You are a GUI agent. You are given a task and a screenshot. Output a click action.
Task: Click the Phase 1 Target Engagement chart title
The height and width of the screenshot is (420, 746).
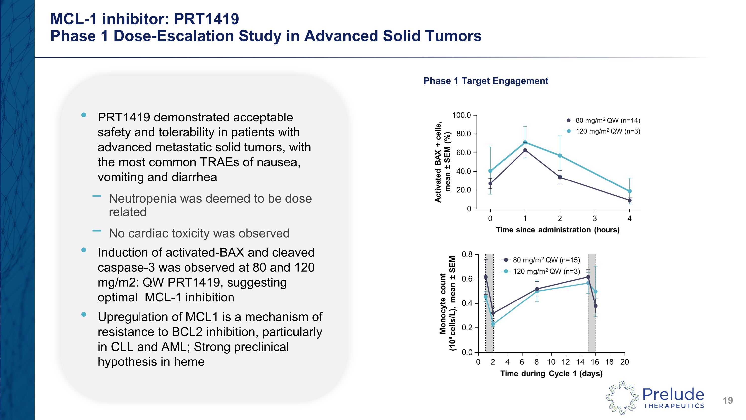point(486,81)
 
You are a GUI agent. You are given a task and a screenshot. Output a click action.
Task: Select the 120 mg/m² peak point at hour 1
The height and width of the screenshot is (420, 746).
point(525,142)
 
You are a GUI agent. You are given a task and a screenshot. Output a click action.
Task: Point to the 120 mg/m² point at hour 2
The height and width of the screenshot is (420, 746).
point(560,156)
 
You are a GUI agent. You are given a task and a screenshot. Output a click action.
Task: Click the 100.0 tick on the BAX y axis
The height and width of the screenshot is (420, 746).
point(462,115)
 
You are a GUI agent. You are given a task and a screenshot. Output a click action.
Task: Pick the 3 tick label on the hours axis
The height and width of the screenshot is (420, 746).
point(595,219)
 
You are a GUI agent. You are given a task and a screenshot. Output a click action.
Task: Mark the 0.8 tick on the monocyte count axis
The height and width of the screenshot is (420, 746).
point(467,255)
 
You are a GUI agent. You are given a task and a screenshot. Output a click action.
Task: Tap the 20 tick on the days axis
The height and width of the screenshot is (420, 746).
point(625,362)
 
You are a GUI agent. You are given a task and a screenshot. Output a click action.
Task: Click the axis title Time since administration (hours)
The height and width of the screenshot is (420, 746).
point(558,230)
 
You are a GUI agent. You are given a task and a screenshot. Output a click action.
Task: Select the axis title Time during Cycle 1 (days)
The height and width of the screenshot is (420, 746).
point(551,374)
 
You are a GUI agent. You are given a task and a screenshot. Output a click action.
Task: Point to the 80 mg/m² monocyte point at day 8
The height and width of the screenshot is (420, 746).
point(537,289)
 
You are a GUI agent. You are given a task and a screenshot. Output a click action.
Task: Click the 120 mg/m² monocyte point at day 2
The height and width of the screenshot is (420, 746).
point(493,324)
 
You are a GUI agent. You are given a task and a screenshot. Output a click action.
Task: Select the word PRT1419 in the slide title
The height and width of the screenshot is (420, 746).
point(206,19)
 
